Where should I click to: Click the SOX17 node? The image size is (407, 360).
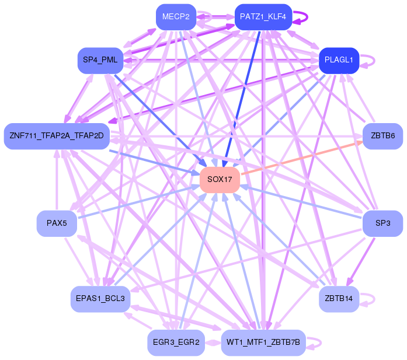(220, 180)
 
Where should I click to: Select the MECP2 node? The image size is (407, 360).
(176, 17)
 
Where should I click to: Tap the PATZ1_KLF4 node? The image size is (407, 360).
(263, 17)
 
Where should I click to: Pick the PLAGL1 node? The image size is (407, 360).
(339, 60)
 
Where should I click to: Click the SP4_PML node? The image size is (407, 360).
(100, 60)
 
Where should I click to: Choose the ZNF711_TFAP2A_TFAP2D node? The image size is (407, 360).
(57, 136)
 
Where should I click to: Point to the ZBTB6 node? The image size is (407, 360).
(382, 136)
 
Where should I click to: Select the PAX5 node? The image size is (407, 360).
(57, 223)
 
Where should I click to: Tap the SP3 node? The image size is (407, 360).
(382, 223)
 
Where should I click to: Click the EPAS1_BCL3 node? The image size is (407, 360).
(100, 299)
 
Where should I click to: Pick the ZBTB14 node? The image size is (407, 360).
(339, 299)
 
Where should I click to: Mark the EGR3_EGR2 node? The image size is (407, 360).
(176, 342)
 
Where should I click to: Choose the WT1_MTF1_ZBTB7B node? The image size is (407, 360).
(263, 342)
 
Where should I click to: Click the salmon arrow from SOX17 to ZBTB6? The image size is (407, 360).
(302, 158)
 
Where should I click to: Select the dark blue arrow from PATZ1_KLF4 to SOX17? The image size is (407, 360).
(242, 99)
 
